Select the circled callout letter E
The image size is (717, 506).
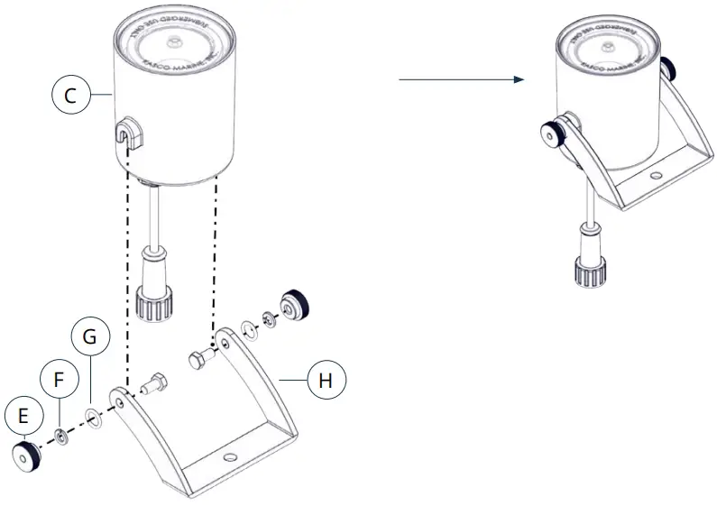point(23,416)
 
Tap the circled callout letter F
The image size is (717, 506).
point(59,380)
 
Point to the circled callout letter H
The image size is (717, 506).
point(326,381)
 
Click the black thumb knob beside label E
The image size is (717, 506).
point(28,456)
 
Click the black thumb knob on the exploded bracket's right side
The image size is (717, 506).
point(294,307)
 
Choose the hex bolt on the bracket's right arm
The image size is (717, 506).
point(200,360)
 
